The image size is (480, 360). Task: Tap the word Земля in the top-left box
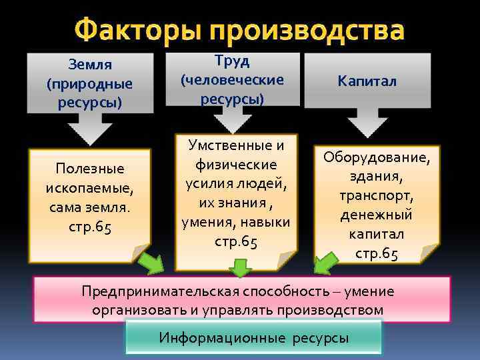89,65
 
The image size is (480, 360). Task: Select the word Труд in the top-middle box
233,61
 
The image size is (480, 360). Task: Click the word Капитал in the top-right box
367,81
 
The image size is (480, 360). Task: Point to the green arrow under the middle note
241,268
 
